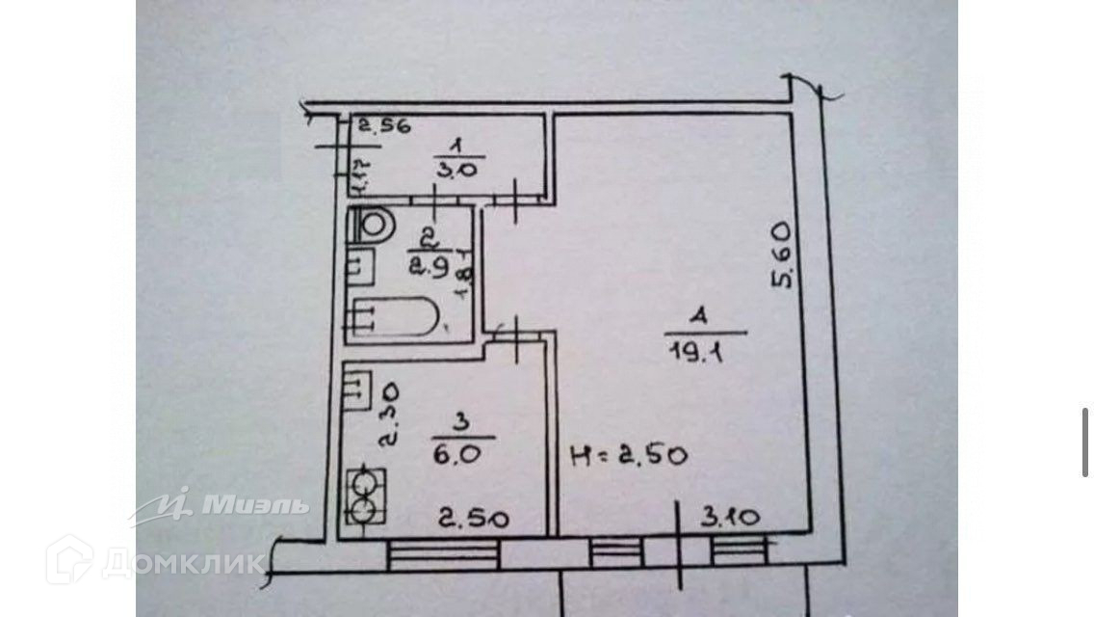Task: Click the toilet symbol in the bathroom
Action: pos(375,226)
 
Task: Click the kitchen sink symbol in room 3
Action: pos(359,387)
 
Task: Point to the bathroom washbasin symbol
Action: pos(360,264)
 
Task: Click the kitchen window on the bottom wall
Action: pos(444,553)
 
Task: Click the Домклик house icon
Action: pos(68,559)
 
